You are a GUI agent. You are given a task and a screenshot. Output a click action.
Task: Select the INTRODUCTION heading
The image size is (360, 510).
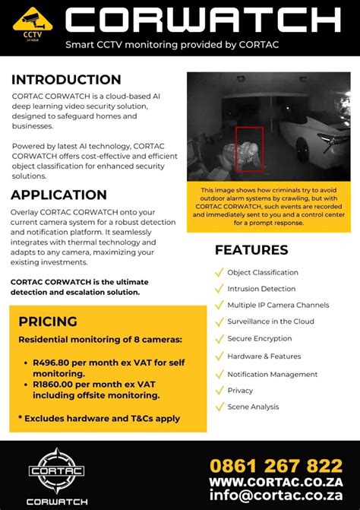point(66,80)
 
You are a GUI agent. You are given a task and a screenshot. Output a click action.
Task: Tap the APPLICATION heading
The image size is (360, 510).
point(58,195)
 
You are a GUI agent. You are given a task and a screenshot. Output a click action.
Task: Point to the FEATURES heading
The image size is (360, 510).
point(251,250)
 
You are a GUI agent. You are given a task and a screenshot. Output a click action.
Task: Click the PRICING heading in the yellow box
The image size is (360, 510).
point(48,322)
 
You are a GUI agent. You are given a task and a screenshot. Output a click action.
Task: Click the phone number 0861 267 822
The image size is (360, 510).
point(276,464)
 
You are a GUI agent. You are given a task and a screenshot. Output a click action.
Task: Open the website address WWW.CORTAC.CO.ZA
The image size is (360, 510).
point(276,482)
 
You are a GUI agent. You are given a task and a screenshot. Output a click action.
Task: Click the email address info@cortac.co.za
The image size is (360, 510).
point(276,498)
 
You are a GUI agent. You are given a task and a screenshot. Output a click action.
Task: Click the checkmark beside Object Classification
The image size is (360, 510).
point(219,272)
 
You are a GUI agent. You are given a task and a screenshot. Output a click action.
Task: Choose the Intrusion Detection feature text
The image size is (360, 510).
point(263,289)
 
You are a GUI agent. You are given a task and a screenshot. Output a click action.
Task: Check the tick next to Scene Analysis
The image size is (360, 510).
point(219,407)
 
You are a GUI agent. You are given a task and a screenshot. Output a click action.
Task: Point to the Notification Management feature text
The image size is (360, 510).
point(273,374)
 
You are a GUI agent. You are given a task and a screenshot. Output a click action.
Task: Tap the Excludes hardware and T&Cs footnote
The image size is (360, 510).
point(99,418)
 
